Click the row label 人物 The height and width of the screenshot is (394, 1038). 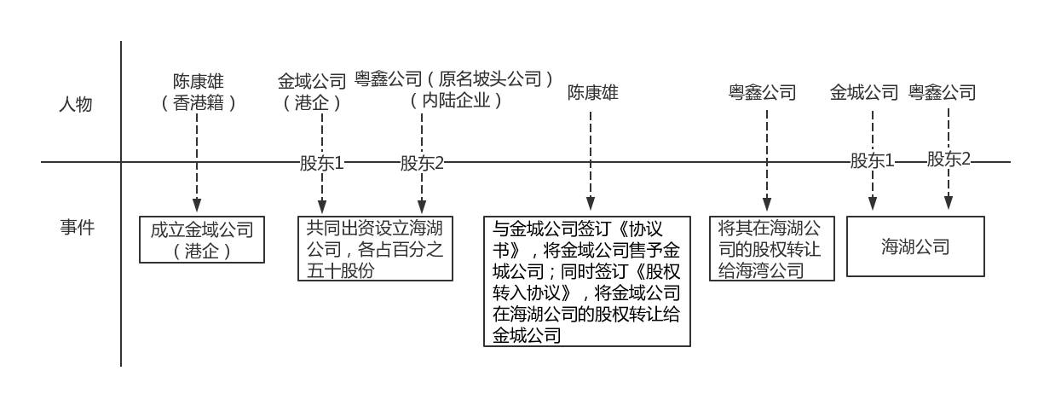75,105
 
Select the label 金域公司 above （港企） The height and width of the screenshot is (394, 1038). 312,82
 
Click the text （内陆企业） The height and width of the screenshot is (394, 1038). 456,101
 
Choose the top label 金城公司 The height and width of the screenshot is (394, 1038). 864,92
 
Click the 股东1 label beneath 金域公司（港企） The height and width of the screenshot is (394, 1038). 321,163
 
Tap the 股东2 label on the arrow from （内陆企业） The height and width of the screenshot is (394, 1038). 422,163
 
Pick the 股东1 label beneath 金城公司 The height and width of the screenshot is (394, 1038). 872,160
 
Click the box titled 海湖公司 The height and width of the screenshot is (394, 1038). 915,246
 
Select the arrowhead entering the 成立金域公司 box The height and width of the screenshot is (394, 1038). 198,207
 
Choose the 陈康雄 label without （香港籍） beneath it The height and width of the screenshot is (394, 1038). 593,92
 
